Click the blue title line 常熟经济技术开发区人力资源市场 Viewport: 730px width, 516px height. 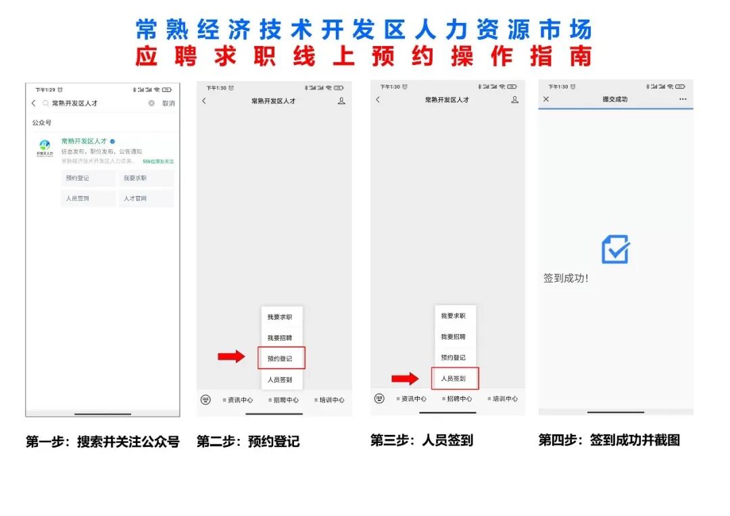coord(364,30)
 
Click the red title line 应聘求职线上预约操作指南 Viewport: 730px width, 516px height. coord(364,56)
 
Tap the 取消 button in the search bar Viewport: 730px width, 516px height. coord(168,103)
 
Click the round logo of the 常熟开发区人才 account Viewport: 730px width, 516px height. coord(45,145)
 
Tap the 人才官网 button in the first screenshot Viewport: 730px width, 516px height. coord(135,199)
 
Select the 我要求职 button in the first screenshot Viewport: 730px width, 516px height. coord(135,179)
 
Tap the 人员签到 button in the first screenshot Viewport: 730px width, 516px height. coord(78,199)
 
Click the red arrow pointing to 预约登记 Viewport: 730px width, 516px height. coord(231,356)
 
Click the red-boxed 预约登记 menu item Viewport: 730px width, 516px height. coord(281,358)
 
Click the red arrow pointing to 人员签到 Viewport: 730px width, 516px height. coord(405,379)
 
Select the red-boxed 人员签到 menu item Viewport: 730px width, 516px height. coord(454,379)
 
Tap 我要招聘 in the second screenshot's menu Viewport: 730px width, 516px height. coord(280,337)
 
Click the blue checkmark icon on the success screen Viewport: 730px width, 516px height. coord(615,250)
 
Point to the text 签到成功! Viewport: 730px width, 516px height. coord(566,278)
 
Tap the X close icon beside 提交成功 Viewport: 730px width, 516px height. coord(546,99)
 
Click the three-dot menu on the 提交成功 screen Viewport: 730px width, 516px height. coord(683,99)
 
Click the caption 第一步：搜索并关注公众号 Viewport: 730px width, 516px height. coord(103,442)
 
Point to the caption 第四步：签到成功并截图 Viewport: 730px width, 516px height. coord(609,440)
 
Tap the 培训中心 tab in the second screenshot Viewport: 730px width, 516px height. coord(330,400)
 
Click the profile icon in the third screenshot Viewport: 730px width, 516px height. coord(515,99)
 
